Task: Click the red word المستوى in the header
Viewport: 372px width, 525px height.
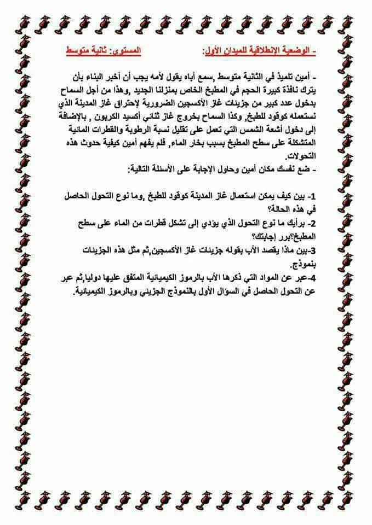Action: click(x=126, y=51)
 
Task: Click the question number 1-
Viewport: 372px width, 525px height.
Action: click(x=312, y=196)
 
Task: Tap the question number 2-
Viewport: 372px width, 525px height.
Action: click(x=312, y=222)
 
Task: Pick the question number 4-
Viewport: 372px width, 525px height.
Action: click(x=312, y=276)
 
